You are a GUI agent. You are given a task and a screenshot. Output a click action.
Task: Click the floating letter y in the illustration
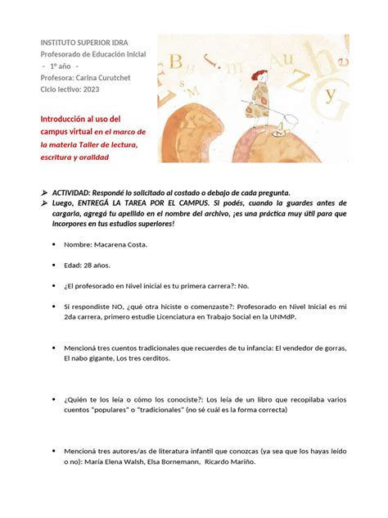pos(330,94)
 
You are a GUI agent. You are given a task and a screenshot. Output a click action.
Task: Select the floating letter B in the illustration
pos(176,61)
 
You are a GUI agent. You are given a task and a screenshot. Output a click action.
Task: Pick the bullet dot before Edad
pos(53,265)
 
